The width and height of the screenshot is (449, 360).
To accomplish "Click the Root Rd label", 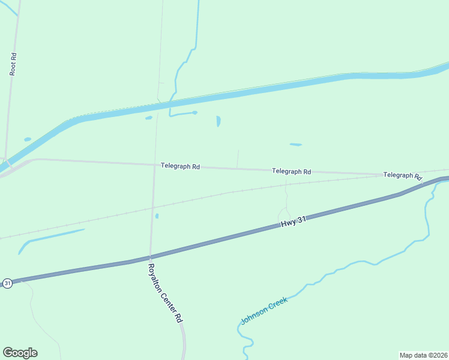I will [13, 64].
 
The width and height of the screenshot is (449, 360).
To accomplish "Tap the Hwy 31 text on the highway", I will [294, 221].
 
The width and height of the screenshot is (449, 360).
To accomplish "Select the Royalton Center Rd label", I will [165, 293].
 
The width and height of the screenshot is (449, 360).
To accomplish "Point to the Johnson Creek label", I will [264, 310].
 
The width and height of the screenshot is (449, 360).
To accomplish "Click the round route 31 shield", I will [7, 283].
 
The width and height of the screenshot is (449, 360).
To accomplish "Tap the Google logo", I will [20, 353].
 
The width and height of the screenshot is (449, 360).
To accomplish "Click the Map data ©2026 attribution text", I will [423, 355].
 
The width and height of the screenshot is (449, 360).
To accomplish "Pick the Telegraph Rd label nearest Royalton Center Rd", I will [180, 166].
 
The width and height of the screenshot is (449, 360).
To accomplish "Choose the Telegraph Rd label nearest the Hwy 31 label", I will [291, 171].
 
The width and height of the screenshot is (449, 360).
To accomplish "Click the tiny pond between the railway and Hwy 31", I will [157, 216].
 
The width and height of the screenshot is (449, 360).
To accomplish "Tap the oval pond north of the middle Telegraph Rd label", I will [295, 145].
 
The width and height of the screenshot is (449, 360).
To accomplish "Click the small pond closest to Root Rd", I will [28, 139].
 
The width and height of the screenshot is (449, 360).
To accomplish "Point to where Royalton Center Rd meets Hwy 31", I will [150, 257].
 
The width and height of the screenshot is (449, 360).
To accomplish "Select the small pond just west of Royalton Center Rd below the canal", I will [149, 118].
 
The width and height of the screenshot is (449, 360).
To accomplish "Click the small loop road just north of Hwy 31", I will [283, 213].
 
